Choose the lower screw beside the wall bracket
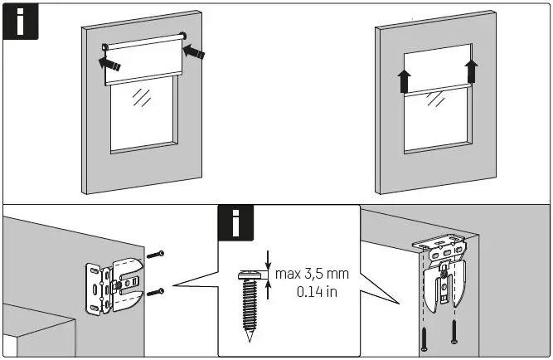(158, 292)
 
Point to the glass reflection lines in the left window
(143, 98)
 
